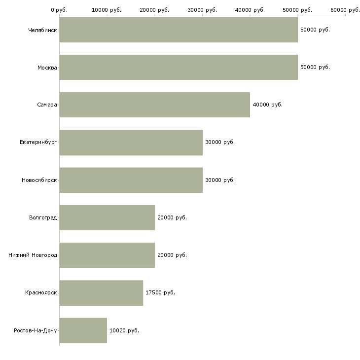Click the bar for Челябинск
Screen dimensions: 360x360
click(x=179, y=30)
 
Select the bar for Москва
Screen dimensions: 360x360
click(x=179, y=67)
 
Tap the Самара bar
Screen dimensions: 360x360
click(x=154, y=105)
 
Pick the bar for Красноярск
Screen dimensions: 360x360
click(x=101, y=292)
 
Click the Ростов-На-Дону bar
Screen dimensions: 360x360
click(x=83, y=330)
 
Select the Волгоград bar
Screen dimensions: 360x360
click(x=107, y=217)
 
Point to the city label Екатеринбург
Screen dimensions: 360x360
click(x=38, y=142)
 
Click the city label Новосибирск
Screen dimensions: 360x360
click(x=39, y=180)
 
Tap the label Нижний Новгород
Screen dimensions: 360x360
click(x=33, y=255)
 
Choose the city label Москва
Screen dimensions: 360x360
click(x=47, y=67)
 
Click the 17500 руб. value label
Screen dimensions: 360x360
click(x=160, y=292)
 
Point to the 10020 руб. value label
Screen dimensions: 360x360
click(x=124, y=330)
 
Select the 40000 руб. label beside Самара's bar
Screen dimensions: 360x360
click(x=267, y=105)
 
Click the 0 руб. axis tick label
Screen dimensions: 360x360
click(x=59, y=10)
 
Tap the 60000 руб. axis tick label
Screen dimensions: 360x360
click(x=345, y=10)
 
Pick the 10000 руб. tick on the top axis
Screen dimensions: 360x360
click(x=107, y=10)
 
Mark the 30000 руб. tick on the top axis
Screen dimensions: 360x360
click(x=202, y=10)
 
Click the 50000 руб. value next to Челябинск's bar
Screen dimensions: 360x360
click(x=315, y=30)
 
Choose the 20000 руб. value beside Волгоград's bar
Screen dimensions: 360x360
click(x=172, y=217)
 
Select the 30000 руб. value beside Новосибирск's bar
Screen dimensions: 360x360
click(x=220, y=180)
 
